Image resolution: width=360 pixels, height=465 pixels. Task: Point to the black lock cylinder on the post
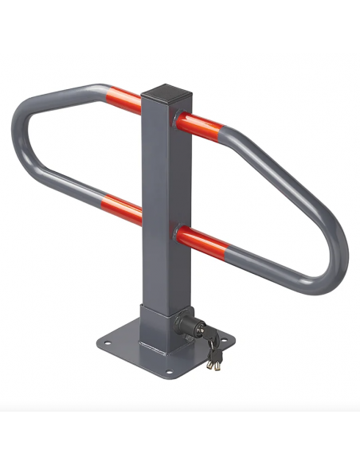193,324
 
